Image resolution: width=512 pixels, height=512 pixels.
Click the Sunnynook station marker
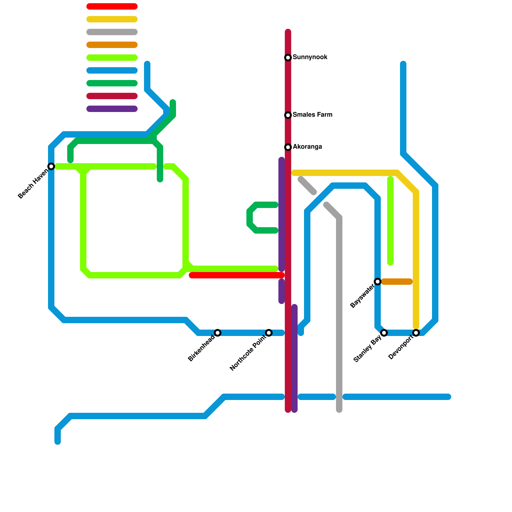click(288, 58)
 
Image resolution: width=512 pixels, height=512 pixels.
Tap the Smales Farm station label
click(312, 115)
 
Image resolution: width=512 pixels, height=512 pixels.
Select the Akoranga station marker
click(288, 147)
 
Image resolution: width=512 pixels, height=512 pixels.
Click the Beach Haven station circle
click(51, 166)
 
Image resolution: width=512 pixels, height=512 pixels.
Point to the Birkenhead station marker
click(218, 333)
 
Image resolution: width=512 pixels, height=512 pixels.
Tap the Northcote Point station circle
click(269, 333)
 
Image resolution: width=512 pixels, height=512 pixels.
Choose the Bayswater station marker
click(378, 282)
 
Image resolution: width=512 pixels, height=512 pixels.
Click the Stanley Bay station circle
click(384, 333)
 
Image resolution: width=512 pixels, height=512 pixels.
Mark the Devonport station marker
click(416, 333)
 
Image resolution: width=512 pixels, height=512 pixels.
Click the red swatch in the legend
click(112, 6)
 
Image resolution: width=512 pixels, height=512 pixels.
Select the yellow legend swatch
click(112, 19)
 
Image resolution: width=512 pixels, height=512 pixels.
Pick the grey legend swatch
click(112, 32)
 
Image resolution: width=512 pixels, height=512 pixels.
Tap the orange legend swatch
click(112, 45)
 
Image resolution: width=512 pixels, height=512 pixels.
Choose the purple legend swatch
click(112, 109)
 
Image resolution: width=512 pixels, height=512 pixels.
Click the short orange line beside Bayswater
click(397, 282)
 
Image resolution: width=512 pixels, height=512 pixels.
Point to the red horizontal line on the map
click(237, 275)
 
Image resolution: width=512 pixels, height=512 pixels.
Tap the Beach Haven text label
click(33, 184)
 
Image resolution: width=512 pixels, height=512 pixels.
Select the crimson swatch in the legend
click(112, 96)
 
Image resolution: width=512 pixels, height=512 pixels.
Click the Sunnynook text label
click(310, 57)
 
